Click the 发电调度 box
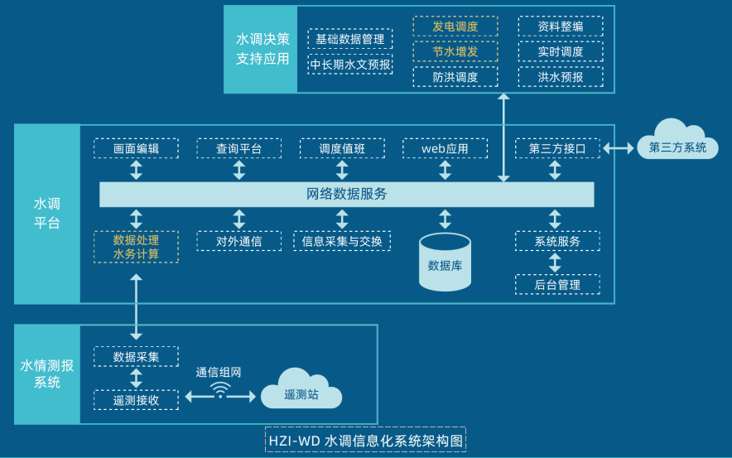[455, 27]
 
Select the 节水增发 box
[455, 51]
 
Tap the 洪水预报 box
[560, 77]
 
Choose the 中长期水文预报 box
[350, 64]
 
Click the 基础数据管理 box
[350, 39]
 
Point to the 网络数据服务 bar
[347, 195]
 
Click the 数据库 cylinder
[445, 263]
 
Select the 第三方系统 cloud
[677, 143]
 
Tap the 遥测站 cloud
[301, 392]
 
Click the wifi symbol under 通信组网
[220, 390]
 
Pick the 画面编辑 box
[136, 148]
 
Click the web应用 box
[445, 148]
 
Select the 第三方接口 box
[556, 148]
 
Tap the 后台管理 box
[556, 284]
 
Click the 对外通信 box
[238, 241]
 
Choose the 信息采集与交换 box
[342, 241]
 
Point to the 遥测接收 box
[136, 400]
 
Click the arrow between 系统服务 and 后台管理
[555, 263]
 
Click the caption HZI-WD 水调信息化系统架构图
[365, 440]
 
